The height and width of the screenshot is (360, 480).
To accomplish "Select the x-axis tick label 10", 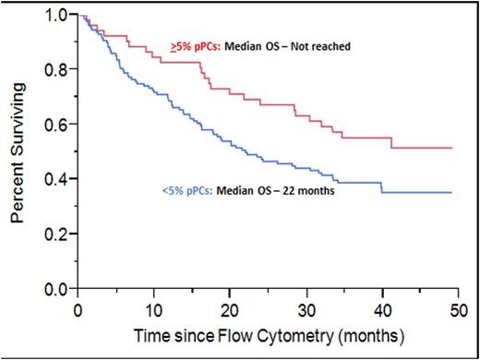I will (154, 306).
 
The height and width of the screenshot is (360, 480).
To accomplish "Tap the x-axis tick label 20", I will (231, 306).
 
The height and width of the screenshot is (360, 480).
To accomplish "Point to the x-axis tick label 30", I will (307, 306).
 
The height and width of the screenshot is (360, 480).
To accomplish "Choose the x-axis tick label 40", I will (384, 306).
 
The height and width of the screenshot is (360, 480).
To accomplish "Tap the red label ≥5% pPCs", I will (193, 46).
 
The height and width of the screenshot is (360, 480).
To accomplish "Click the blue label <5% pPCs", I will (188, 192).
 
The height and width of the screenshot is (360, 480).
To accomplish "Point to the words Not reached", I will (322, 46).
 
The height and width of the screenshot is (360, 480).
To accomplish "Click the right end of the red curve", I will (452, 148).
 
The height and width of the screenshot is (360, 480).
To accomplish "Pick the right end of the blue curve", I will (452, 192).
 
